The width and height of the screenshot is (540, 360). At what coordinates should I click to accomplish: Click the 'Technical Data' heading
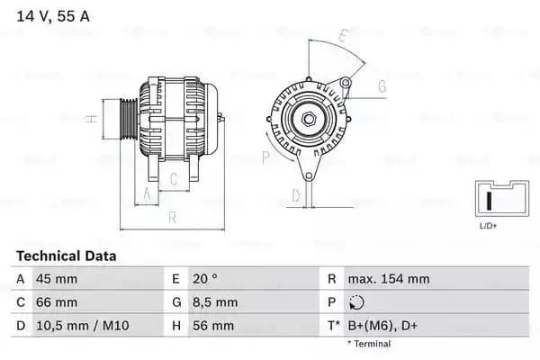[x=66, y=256]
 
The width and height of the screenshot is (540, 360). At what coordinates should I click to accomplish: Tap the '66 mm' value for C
[x=56, y=302]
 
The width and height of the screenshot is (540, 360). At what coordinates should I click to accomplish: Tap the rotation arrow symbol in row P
[x=357, y=303]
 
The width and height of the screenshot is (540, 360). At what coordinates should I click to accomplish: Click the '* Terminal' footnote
[x=369, y=344]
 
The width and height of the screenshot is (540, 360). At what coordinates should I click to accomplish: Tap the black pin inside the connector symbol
[x=490, y=199]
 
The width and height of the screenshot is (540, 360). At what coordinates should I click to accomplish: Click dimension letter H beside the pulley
[x=92, y=119]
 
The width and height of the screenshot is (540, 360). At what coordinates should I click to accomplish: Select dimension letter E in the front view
[x=342, y=37]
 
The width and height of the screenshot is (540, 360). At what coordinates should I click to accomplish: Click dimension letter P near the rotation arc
[x=265, y=156]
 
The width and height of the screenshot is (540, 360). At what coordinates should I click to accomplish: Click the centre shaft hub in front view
[x=307, y=119]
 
